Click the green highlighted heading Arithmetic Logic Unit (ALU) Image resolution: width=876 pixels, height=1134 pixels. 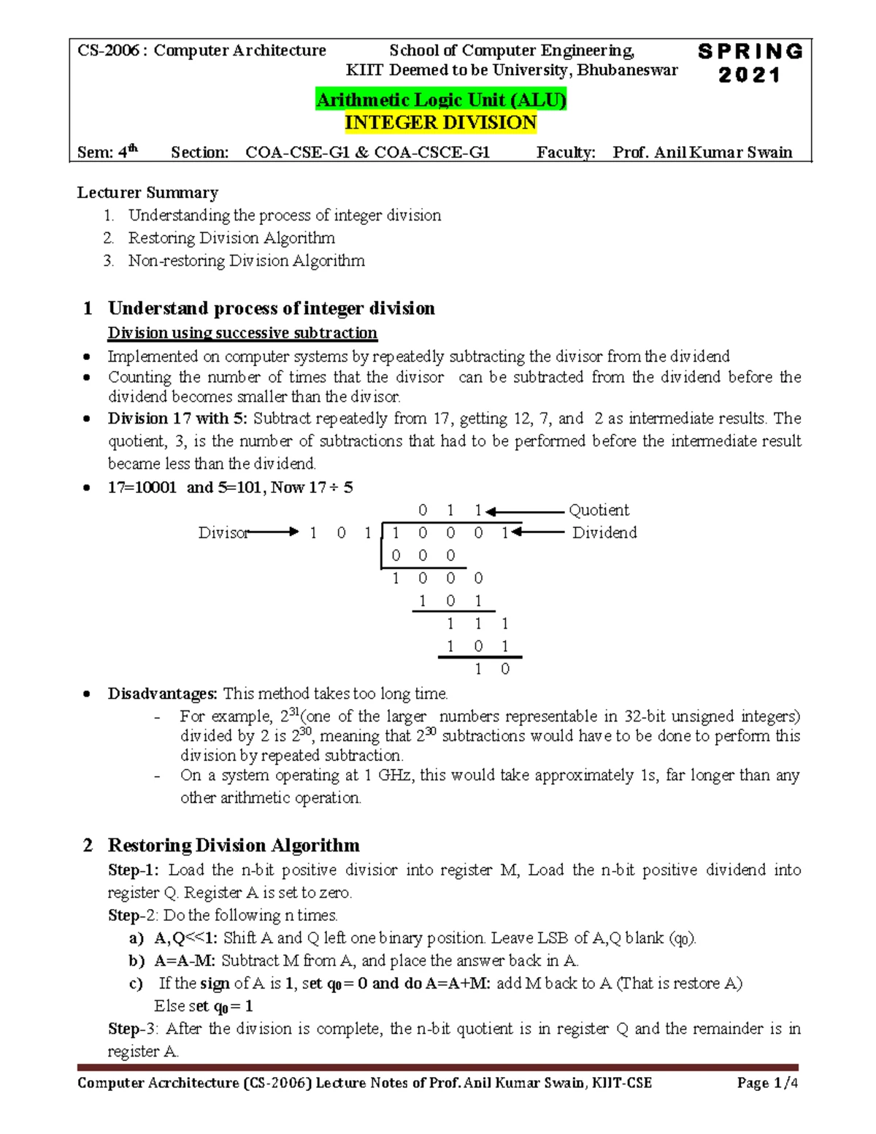[440, 99]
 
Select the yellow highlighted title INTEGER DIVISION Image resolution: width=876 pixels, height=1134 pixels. [440, 123]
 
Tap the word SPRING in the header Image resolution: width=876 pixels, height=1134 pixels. [750, 52]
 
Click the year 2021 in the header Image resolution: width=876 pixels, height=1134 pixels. [750, 75]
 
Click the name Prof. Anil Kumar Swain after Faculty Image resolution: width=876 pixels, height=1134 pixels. [702, 152]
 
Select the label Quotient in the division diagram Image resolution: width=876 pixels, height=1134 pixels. [599, 510]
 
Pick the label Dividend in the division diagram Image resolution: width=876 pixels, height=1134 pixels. [604, 533]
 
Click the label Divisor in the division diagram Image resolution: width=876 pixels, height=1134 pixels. [223, 533]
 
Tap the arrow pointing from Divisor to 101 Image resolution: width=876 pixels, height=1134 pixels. [274, 532]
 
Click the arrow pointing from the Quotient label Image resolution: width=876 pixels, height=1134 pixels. [526, 511]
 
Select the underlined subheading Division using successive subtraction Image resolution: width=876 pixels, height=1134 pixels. [242, 333]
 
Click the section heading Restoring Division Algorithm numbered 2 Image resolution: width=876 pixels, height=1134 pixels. [234, 846]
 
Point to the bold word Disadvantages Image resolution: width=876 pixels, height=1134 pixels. [162, 694]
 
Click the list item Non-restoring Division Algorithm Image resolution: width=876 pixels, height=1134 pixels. [246, 261]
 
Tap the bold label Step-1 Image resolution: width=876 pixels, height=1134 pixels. [134, 870]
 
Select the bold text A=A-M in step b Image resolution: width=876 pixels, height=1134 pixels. [184, 961]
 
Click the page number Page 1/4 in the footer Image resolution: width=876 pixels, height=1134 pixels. [767, 1083]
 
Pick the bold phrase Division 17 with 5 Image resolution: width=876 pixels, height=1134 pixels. [177, 418]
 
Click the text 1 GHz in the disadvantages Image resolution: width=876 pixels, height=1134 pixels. [388, 775]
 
